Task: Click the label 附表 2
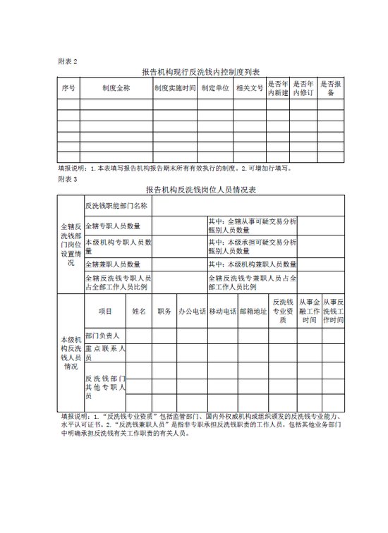[x=68, y=61]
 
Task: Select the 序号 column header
[x=68, y=89]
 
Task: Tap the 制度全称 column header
[x=116, y=89]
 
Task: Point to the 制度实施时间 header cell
[x=174, y=89]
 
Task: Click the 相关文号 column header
[x=249, y=89]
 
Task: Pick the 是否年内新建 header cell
[x=278, y=89]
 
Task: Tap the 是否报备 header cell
[x=331, y=89]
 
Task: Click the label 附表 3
[x=68, y=179]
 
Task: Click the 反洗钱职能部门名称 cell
[x=116, y=206]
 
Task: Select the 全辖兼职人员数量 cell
[x=113, y=264]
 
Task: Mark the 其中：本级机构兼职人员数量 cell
[x=251, y=264]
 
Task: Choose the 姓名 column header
[x=139, y=311]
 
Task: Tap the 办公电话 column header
[x=191, y=311]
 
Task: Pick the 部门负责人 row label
[x=103, y=335]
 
